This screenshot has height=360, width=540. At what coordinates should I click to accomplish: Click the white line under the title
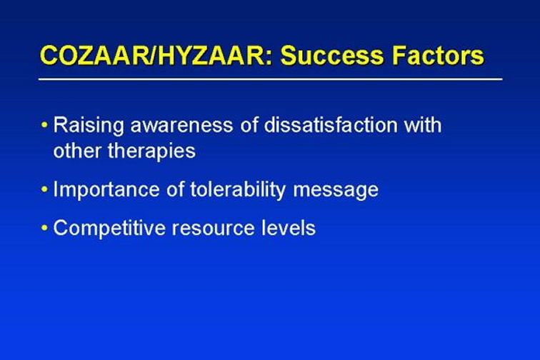pyautogui.click(x=270, y=79)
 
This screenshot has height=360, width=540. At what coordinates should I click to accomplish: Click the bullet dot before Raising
pyautogui.click(x=44, y=125)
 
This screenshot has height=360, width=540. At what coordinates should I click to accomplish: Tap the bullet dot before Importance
pyautogui.click(x=44, y=189)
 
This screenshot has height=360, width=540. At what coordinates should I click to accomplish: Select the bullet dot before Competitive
pyautogui.click(x=44, y=228)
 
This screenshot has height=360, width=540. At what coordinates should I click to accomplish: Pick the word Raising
pyautogui.click(x=89, y=125)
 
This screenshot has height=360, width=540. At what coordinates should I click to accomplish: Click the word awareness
pyautogui.click(x=181, y=126)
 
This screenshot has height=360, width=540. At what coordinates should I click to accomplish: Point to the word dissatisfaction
pyautogui.click(x=331, y=125)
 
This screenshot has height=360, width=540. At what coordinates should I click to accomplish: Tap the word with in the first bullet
pyautogui.click(x=423, y=125)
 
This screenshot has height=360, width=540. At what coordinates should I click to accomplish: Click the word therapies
pyautogui.click(x=151, y=151)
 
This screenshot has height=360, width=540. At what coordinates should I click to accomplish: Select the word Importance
pyautogui.click(x=106, y=190)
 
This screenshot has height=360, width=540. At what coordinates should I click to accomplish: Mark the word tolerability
pyautogui.click(x=238, y=190)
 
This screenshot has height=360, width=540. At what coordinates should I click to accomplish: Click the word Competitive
pyautogui.click(x=109, y=229)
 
